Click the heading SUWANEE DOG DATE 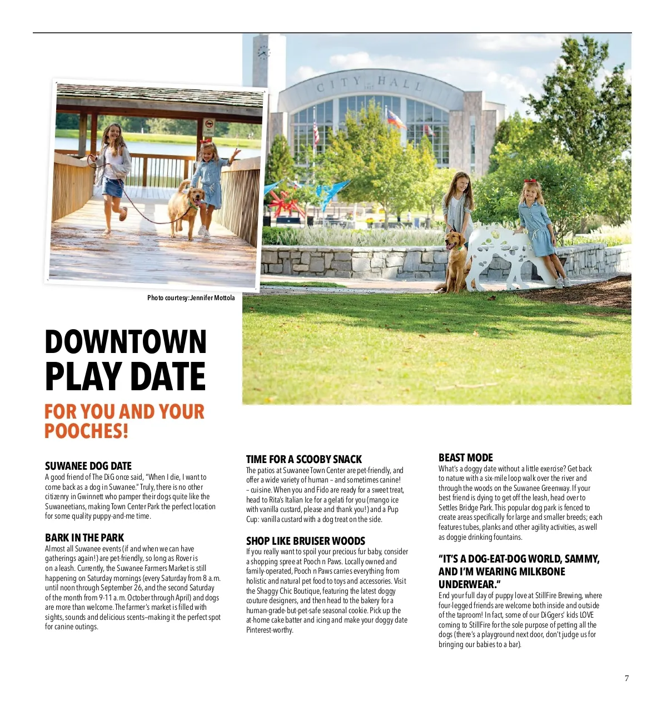coord(88,466)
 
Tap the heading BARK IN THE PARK coord(84,538)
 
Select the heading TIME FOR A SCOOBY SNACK coord(304,459)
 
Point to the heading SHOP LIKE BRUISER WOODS coord(306,541)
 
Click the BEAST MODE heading coord(466,458)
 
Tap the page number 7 coord(627,678)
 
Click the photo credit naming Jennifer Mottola coord(191,298)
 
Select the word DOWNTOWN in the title coord(126,342)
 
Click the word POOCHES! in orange coord(87,431)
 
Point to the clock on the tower coord(263,53)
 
